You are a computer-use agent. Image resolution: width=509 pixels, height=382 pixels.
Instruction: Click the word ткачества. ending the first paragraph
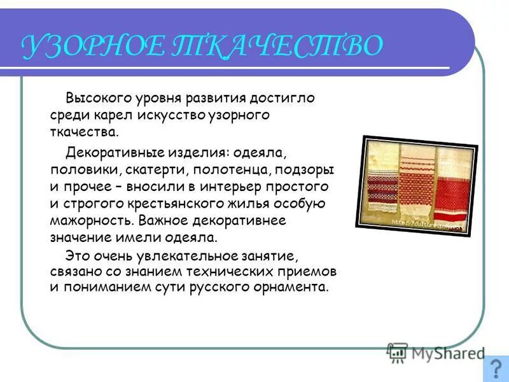coord(84,132)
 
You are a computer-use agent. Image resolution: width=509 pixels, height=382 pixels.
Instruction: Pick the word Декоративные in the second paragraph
coord(115,153)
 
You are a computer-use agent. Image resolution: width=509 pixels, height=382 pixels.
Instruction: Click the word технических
coord(245,271)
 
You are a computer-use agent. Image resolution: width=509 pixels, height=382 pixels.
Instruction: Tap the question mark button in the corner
coord(496,369)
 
